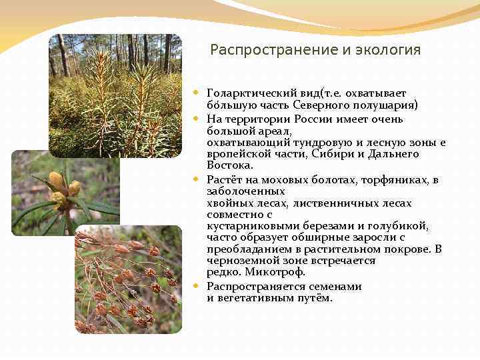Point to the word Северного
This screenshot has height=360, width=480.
324,105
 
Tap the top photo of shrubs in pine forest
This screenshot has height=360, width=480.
115,95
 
